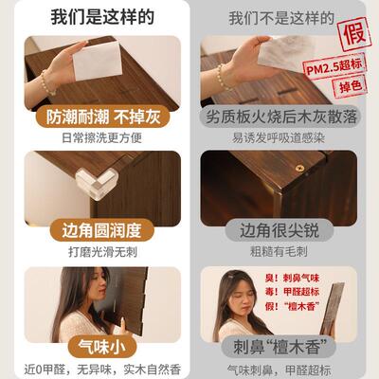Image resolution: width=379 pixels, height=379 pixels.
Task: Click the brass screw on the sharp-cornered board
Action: click(298, 168)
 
